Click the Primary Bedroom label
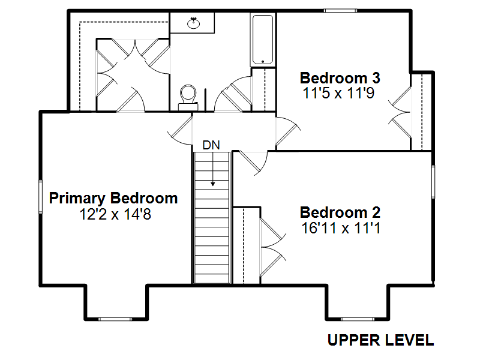pos(113,199)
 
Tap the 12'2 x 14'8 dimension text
pos(115,214)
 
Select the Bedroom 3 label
pos(340,78)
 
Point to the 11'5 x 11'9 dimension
pos(338,93)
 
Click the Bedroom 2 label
pos(340,212)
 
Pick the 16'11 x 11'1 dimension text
pos(341,228)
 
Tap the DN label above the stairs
pos(211,145)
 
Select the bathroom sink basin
pos(193,23)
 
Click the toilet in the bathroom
pos(188,97)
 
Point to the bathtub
pos(263,40)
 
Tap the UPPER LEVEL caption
pos(380,340)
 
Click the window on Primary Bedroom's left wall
pos(40,197)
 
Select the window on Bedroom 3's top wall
pos(340,11)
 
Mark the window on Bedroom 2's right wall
pos(433,182)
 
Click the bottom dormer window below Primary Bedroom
pos(115,319)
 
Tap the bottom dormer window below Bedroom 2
pos(358,319)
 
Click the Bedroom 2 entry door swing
pos(253,163)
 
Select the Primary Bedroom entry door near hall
pos(181,131)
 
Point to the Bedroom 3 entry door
pos(288,131)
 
